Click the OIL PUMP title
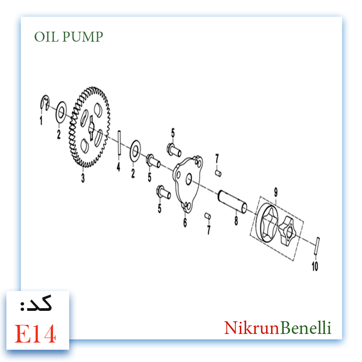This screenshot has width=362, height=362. (x=69, y=37)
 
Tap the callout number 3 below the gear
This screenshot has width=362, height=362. (x=83, y=178)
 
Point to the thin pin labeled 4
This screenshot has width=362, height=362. (x=119, y=143)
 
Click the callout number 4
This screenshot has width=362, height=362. (x=119, y=167)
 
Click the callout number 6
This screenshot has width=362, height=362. (x=185, y=222)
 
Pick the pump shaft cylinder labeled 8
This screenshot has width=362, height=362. (x=233, y=201)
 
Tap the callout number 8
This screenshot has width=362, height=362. (x=236, y=220)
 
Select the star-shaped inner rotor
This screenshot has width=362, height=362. (x=286, y=231)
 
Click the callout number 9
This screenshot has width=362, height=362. (x=276, y=192)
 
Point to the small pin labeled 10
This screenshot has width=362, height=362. (x=317, y=246)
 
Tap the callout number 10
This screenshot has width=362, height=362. (x=315, y=266)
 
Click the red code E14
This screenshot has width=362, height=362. (x=35, y=333)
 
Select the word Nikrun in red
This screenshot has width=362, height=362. (x=252, y=328)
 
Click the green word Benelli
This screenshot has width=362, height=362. (x=306, y=328)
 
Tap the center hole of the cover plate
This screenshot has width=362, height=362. (x=189, y=179)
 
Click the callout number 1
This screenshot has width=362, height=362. (x=41, y=120)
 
